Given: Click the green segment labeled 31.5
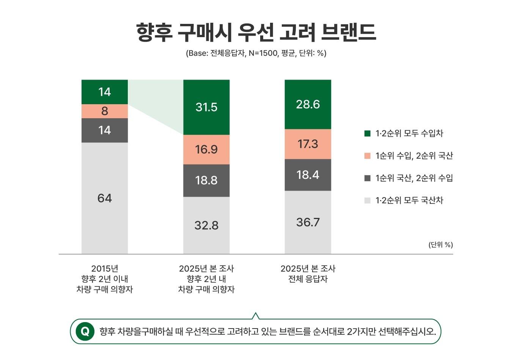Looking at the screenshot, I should click(206, 107).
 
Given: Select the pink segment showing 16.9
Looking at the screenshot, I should click(206, 149).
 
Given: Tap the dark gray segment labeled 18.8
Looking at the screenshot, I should click(206, 180).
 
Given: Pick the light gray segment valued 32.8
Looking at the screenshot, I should click(206, 225).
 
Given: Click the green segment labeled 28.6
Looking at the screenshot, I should click(308, 104).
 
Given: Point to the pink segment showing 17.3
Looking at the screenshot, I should click(308, 144).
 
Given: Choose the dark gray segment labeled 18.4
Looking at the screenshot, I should click(308, 175).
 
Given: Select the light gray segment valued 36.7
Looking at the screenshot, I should click(308, 222).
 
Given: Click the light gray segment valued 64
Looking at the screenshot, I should click(104, 198).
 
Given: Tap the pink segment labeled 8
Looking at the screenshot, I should click(104, 111).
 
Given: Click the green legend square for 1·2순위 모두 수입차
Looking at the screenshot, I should click(367, 133).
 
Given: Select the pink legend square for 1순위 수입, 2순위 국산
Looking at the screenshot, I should click(367, 156).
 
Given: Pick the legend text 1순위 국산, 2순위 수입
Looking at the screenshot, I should click(414, 178).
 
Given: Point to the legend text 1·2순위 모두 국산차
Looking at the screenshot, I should click(409, 200).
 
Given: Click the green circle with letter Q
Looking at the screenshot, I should click(85, 332).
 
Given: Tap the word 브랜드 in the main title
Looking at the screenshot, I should click(348, 33).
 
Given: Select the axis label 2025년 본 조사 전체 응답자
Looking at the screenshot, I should click(308, 274).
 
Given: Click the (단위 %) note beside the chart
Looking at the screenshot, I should click(440, 245).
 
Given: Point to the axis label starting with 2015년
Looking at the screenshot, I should click(104, 279).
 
